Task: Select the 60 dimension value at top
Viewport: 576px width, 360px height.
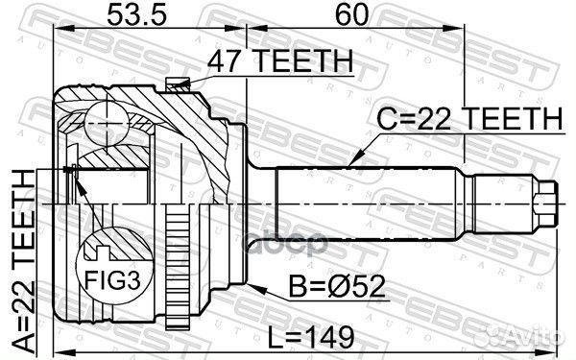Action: click(x=347, y=16)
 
